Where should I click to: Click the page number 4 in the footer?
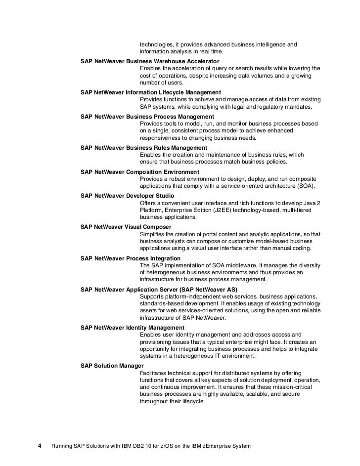point(40,446)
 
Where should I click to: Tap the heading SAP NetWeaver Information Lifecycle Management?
point(150,92)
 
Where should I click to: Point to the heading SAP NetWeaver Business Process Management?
point(147,117)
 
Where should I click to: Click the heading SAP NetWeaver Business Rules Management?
point(143,148)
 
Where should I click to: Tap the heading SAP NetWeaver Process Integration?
point(130,258)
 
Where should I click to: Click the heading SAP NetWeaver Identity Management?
point(132,328)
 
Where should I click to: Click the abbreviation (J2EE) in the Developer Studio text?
point(241,210)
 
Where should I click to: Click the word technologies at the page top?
point(157,44)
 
